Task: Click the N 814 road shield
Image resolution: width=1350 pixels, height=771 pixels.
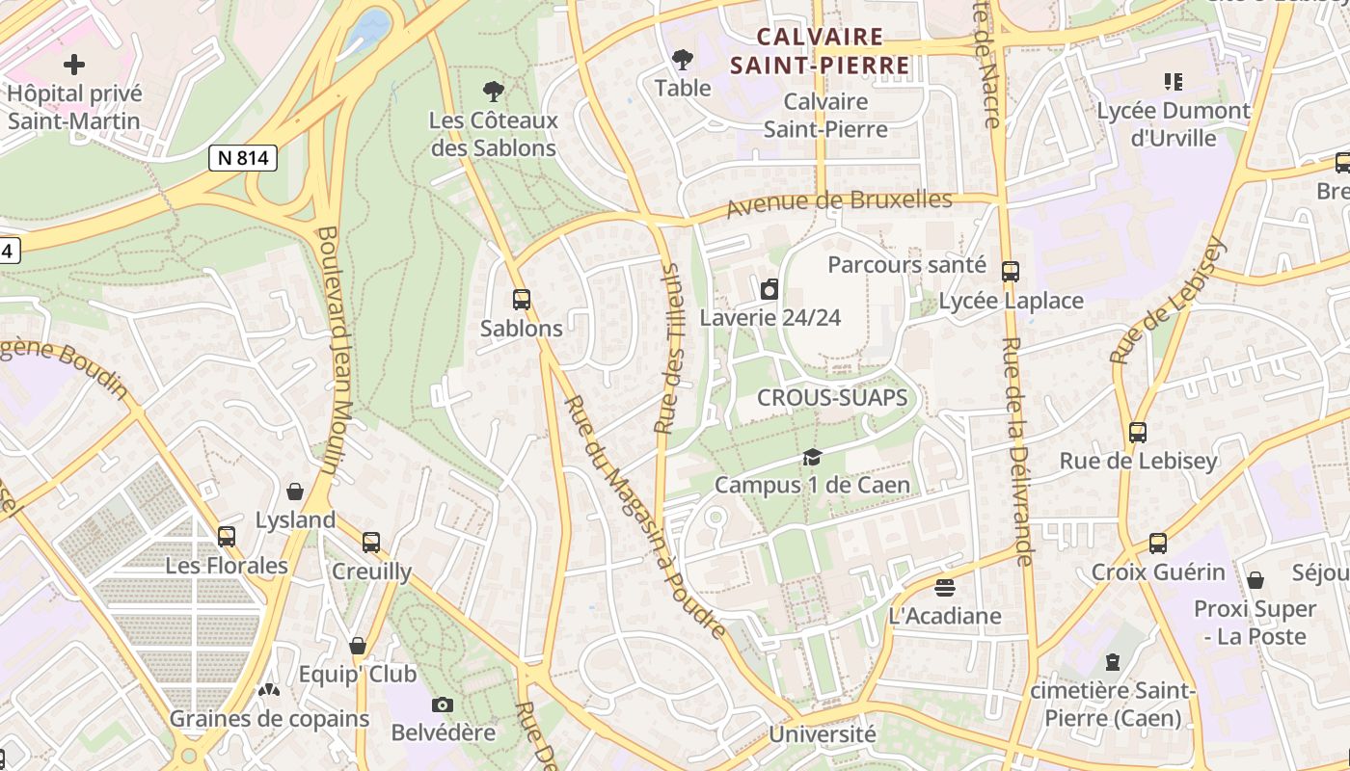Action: pos(243,158)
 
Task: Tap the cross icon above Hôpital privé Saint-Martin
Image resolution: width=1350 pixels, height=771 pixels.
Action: pos(74,66)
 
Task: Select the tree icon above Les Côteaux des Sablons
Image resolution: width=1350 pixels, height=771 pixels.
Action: pos(494,92)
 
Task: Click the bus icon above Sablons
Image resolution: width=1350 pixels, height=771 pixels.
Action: pos(522,300)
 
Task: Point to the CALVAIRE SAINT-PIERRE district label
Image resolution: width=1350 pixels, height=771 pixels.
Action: pos(820,51)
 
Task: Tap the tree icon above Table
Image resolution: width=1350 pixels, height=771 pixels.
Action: pos(683,60)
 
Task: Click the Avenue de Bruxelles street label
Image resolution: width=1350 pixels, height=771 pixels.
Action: pos(839,203)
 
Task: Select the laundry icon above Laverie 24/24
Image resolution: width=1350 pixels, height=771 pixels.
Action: pos(769,289)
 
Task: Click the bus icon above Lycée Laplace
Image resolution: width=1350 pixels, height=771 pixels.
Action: pos(1011,272)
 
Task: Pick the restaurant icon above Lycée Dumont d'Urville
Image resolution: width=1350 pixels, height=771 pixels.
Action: pos(1173,82)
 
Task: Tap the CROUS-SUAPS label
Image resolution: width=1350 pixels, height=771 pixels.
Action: pos(832,397)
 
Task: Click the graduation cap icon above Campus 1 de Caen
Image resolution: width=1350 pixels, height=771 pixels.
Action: pos(812,457)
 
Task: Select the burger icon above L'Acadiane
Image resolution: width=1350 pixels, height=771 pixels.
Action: pos(944,587)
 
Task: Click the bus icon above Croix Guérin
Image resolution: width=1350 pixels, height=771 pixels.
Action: pos(1158,544)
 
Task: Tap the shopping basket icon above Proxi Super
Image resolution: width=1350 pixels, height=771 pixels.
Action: pos(1255,580)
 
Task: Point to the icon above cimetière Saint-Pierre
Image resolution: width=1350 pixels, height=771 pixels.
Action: pos(1113,662)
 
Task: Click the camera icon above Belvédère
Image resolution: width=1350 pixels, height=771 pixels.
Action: pos(443,705)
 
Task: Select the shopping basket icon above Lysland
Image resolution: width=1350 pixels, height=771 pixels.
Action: pos(295,492)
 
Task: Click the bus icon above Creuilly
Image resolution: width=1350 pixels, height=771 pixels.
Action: pos(371,543)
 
